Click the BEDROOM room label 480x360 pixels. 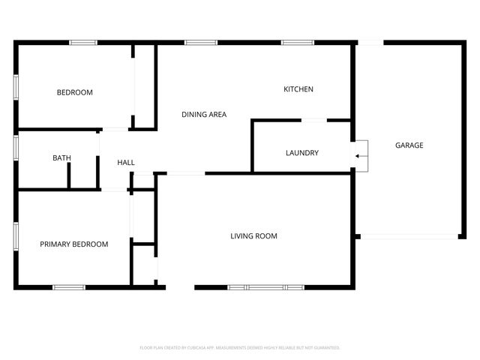point(75,93)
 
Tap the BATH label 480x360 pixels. point(61,158)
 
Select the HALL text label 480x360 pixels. point(126,163)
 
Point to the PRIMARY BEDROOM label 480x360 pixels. point(73,244)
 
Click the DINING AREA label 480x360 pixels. point(204,115)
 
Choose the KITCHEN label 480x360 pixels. point(298,90)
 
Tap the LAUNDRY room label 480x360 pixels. point(302,153)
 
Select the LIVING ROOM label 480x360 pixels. point(253,236)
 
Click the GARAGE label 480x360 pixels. point(409,145)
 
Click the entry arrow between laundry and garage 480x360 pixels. point(359,156)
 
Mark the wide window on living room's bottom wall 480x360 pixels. point(266,287)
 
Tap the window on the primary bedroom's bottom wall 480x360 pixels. point(69,287)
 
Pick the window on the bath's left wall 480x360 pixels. point(16,147)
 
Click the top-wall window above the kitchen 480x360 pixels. point(292,43)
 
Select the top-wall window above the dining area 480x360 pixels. point(196,43)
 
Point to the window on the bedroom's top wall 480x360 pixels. point(83,43)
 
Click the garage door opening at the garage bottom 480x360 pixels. point(409,237)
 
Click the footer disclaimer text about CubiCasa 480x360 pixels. point(240,348)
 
